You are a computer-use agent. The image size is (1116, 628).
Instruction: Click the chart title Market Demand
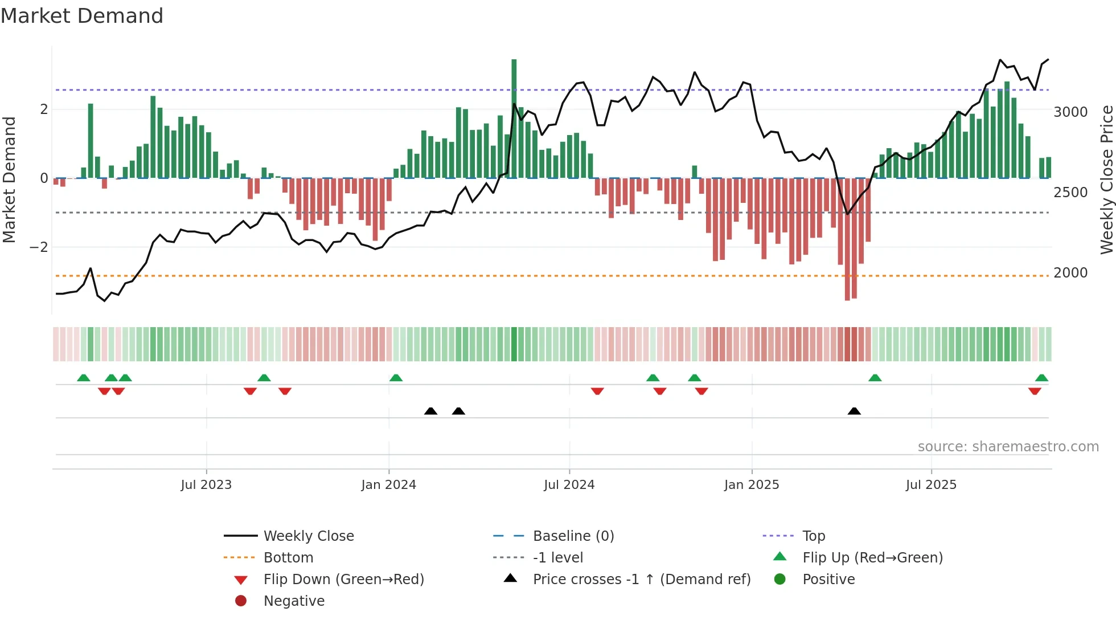(x=82, y=16)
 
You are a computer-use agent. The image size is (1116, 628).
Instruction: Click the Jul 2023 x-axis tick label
(x=206, y=485)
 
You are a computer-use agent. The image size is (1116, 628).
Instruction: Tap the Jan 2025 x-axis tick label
(x=752, y=485)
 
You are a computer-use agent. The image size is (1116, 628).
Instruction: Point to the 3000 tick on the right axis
(x=1070, y=112)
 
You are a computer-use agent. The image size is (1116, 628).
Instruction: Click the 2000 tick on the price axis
(x=1070, y=273)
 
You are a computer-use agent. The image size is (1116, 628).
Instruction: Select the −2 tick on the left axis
(x=39, y=247)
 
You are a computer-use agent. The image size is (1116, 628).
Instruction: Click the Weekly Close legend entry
(x=308, y=536)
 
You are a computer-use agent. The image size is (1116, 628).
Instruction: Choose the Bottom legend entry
(x=288, y=558)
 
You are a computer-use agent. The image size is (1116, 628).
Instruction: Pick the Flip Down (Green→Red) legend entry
(x=343, y=580)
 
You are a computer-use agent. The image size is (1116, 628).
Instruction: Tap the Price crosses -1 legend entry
(x=641, y=580)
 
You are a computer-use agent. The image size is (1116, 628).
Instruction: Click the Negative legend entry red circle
(x=241, y=601)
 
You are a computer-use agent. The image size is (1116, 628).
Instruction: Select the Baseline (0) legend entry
(x=573, y=536)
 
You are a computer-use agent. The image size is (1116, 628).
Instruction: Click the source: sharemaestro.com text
(x=1008, y=447)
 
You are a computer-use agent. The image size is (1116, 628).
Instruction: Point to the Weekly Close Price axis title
(x=1106, y=180)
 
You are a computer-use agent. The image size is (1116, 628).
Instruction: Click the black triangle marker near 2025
(x=854, y=411)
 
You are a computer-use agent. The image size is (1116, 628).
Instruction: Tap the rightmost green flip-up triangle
(x=1041, y=378)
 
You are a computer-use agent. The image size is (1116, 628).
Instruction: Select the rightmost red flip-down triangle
(x=1035, y=391)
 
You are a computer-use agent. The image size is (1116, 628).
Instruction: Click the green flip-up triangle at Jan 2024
(x=396, y=378)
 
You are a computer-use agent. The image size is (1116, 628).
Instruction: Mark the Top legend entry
(x=813, y=536)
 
